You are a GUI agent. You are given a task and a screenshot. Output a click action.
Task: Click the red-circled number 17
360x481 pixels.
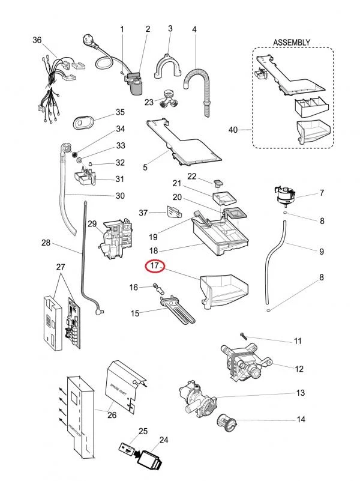coord(155,265)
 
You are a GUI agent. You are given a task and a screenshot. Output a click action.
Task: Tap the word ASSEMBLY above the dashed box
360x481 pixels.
coord(292,42)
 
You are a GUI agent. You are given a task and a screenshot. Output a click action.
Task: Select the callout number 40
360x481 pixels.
coord(233,130)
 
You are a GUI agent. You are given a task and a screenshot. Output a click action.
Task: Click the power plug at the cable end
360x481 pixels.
coord(89,41)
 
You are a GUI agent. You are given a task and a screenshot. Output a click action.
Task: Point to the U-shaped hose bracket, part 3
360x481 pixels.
coord(167,66)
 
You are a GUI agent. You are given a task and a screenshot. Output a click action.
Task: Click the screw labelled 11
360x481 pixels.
coord(244,336)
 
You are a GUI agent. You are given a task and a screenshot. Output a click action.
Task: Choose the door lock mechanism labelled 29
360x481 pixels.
coord(116,238)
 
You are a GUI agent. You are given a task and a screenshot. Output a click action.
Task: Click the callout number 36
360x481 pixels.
coord(37,40)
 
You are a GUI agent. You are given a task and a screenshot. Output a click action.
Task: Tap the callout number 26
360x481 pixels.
coord(112,415)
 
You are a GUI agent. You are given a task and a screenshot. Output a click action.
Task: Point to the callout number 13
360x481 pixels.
coord(300,393)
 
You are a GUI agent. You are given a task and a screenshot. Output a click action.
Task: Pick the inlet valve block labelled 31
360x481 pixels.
coord(85,177)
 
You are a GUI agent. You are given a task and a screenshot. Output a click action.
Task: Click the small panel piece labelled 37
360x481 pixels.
coord(174,212)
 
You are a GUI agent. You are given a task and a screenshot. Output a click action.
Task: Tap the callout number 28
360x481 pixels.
coord(46,243)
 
